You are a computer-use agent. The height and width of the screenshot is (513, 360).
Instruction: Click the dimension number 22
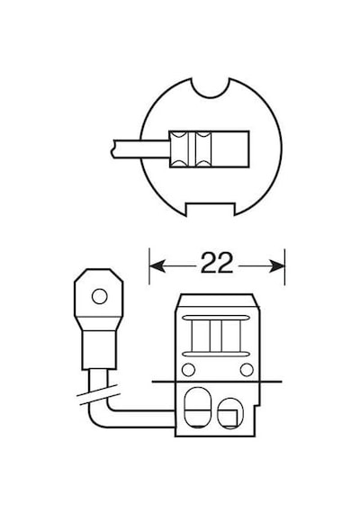[x=216, y=263]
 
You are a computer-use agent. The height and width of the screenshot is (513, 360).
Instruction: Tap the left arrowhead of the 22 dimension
[x=157, y=266]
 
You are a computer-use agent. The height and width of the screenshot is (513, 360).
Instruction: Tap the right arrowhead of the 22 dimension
[x=276, y=266]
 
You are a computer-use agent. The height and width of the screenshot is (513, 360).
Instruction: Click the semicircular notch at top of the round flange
[x=211, y=89]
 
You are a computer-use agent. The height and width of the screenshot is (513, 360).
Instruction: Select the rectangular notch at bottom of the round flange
[x=210, y=209]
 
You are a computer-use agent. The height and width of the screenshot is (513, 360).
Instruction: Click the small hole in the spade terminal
[x=100, y=297]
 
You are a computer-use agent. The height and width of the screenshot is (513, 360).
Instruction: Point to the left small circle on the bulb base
[x=188, y=370]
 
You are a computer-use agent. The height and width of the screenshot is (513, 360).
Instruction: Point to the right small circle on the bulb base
[x=247, y=370]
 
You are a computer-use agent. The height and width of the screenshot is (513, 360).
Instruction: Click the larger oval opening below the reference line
[x=197, y=408]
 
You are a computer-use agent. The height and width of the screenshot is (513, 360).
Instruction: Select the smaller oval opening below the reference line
[x=230, y=413]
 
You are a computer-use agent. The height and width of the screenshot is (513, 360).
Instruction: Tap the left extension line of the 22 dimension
[x=149, y=266]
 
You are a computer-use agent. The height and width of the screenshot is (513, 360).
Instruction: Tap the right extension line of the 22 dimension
[x=284, y=266]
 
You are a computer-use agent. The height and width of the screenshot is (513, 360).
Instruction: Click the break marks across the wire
[x=97, y=394]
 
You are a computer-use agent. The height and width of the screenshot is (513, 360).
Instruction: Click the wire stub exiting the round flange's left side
[x=140, y=149]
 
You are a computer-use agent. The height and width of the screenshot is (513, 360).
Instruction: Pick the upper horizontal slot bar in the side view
[x=214, y=318]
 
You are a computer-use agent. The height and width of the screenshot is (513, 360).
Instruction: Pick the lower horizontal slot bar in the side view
[x=214, y=354]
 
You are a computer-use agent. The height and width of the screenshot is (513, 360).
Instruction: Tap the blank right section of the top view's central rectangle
[x=229, y=149]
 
